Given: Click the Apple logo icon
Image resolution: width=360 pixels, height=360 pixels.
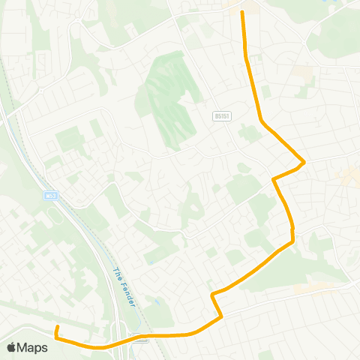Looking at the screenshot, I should tap(11, 347).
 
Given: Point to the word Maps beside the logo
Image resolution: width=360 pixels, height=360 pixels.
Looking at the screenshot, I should tap(32, 347).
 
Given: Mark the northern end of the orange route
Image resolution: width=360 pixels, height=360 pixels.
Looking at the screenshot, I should tap(241, 11).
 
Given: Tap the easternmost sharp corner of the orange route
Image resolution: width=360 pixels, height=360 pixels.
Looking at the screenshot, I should tap(304, 162).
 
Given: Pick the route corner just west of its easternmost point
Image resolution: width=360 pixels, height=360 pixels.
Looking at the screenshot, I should tap(273, 179).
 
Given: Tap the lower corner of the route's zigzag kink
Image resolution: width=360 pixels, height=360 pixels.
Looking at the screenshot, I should tap(222, 318).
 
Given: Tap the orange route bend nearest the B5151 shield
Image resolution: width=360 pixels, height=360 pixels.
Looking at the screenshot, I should tap(260, 121).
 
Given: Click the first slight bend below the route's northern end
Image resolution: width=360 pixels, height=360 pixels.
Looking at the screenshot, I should tap(246, 56).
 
